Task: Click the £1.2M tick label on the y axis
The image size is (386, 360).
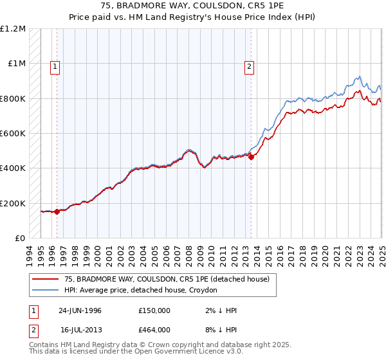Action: tap(13, 29)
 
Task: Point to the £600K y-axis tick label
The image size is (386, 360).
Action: tap(13, 134)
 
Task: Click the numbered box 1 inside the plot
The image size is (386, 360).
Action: tap(56, 65)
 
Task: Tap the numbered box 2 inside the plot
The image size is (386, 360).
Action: tap(249, 65)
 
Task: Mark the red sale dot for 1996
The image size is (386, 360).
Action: tap(57, 212)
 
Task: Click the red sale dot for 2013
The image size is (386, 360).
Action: tap(251, 157)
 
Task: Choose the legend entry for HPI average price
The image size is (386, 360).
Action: tap(141, 291)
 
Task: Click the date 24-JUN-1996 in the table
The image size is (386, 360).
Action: tap(80, 310)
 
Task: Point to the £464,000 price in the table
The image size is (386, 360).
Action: tap(154, 330)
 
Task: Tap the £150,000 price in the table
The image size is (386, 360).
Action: tap(154, 310)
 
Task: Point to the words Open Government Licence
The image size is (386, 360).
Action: tap(193, 353)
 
